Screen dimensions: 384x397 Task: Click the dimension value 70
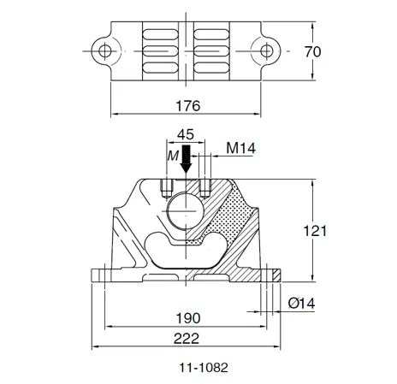[312, 53]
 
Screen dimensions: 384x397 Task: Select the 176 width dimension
[187, 106]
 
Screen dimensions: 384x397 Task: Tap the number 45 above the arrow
[186, 134]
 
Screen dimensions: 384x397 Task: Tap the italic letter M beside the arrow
[173, 155]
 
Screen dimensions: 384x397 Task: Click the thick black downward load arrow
[187, 162]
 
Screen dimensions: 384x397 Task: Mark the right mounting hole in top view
[272, 51]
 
